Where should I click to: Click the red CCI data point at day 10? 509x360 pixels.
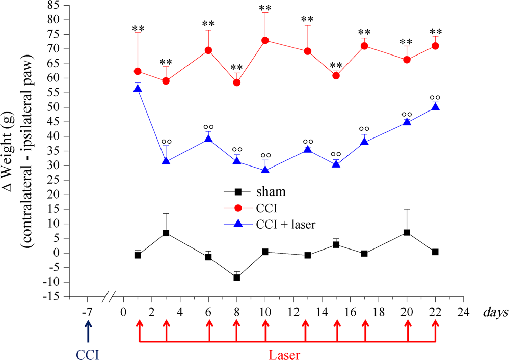pos(265,40)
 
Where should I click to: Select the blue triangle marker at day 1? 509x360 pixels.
pos(138,88)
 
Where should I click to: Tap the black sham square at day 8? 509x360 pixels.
pos(236,278)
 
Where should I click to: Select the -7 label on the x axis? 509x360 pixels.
pos(88,311)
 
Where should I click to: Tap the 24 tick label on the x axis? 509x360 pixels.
pos(463,311)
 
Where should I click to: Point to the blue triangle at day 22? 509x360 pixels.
pos(435,106)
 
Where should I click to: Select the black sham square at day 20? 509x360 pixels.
pos(407,232)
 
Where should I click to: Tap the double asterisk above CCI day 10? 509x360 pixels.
pos(265,8)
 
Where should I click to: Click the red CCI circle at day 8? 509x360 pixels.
pos(236,82)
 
